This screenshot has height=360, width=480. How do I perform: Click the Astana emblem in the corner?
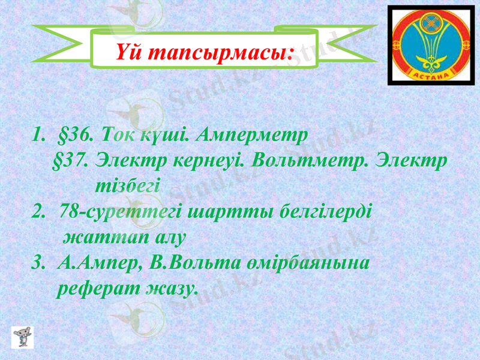point(430,45)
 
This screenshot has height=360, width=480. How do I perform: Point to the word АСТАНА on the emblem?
point(430,74)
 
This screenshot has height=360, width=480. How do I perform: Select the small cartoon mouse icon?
point(23,337)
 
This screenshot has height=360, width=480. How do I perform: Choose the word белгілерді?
point(323,211)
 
